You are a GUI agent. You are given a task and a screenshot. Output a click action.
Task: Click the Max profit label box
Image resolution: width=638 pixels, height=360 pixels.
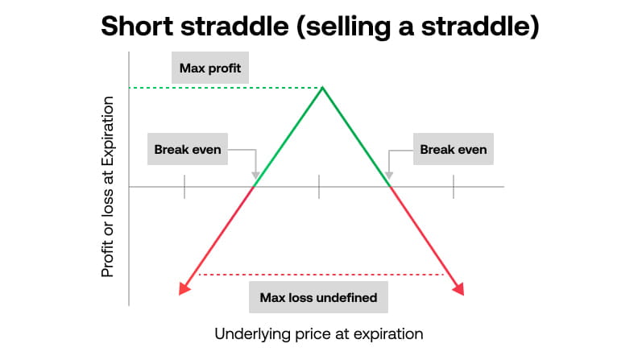coord(211,68)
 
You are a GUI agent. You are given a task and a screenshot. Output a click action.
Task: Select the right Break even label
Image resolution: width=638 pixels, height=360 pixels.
coord(454,149)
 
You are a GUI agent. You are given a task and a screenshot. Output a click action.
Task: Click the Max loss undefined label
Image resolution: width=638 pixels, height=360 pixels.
coord(318,297)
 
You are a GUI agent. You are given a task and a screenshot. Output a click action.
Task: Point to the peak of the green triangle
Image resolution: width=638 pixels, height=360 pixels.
coord(323,87)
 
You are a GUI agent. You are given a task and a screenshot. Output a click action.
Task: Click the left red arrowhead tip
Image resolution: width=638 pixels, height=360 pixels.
coord(179,293)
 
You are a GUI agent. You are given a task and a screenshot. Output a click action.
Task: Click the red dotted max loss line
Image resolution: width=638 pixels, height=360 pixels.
coord(322,275)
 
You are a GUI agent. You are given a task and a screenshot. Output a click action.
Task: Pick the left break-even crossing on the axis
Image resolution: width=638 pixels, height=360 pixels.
coord(255,187)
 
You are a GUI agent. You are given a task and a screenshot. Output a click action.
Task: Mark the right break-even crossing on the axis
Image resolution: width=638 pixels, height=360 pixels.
coord(390,187)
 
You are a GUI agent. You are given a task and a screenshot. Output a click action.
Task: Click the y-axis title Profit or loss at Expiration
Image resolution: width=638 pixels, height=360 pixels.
coord(107,187)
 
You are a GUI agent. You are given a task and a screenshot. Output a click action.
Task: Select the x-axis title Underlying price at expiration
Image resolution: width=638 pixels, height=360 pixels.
coord(319,333)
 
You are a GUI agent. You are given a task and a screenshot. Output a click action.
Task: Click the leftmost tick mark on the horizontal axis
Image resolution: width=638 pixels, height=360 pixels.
coord(185,187)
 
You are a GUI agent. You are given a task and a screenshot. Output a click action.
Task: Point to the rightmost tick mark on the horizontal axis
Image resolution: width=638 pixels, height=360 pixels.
coord(454,187)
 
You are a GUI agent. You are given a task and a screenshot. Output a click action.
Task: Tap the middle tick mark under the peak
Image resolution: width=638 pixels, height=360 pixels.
coord(320,187)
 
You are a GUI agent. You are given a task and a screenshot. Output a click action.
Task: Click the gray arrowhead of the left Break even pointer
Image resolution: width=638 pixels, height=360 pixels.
coord(255,176)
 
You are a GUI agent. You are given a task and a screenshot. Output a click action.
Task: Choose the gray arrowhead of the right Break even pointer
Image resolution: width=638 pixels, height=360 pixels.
coord(389,176)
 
